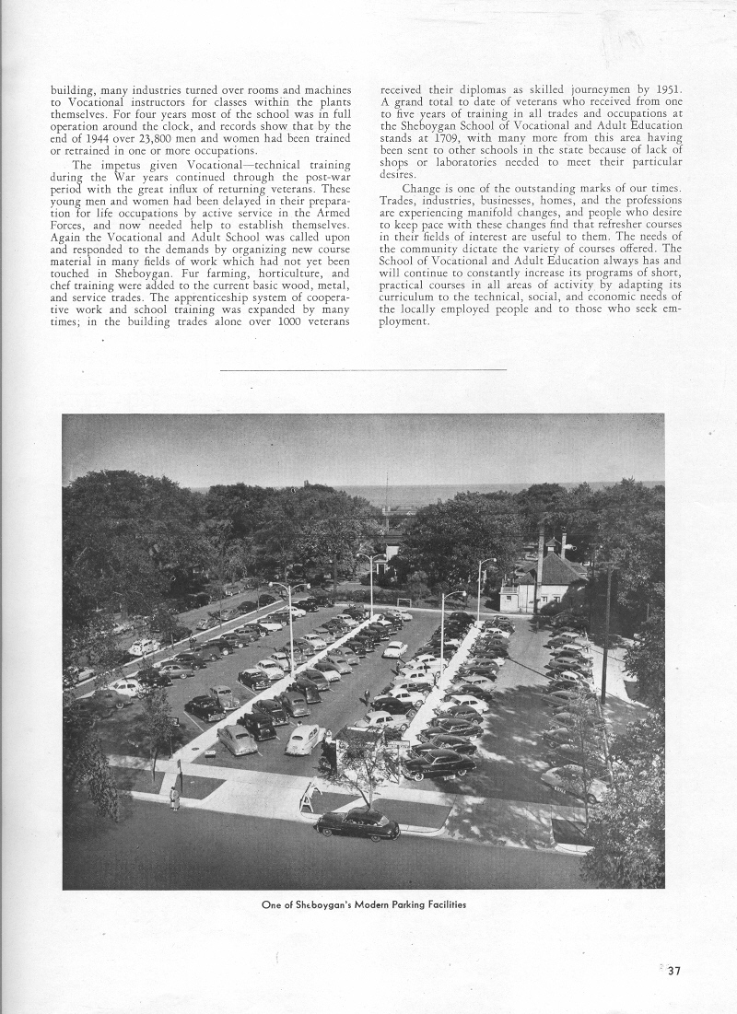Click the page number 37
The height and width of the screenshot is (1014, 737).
pos(673,969)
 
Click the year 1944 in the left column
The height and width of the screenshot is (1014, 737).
pos(86,138)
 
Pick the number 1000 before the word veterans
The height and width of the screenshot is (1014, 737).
pos(294,332)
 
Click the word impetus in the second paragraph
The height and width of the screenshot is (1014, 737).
pos(123,164)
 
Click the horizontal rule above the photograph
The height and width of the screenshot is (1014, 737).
pos(363,369)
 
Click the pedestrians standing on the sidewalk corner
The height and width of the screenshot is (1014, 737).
pos(174,798)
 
